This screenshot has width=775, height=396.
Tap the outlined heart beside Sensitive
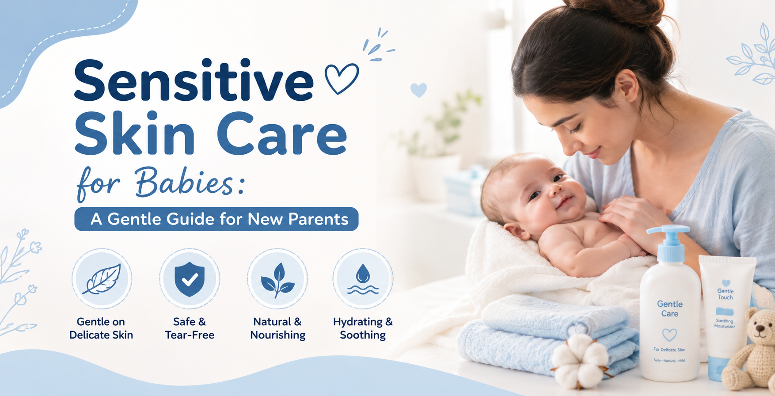pos(341,78)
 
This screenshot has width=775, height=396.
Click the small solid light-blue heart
pos(418,90)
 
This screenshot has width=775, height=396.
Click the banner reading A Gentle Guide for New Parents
pos(217,219)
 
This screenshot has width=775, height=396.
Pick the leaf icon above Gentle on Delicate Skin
pos(102,279)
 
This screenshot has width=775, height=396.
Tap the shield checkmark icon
pos(190,279)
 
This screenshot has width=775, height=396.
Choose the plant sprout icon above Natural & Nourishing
pos(277,280)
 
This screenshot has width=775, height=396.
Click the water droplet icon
pos(363,279)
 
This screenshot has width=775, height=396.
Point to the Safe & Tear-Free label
pos(190,328)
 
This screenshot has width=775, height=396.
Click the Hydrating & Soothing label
pos(363,328)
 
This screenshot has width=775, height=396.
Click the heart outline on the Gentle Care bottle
pos(669,335)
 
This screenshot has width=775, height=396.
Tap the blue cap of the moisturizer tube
pos(718,369)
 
